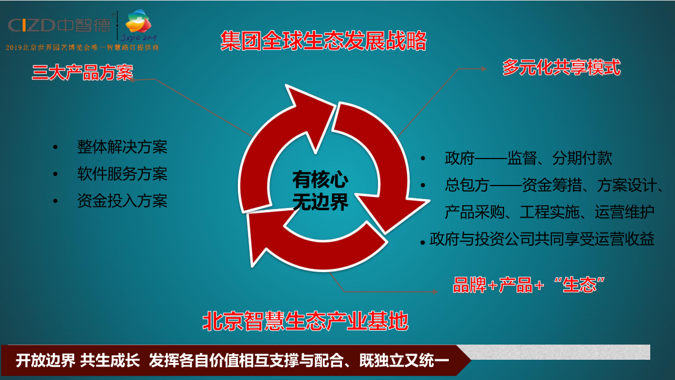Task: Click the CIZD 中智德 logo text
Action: click(x=60, y=25)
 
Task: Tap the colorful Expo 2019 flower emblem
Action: click(x=138, y=21)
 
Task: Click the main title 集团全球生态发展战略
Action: click(x=323, y=40)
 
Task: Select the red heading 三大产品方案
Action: click(x=83, y=73)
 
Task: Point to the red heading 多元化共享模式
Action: click(x=561, y=67)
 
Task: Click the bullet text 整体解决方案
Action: click(x=122, y=147)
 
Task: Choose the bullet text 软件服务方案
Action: click(x=122, y=174)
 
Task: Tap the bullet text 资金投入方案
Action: click(x=122, y=201)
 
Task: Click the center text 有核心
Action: click(x=320, y=179)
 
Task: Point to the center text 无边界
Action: click(x=320, y=201)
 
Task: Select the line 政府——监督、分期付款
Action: click(x=529, y=158)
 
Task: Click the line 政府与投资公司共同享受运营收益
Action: click(x=542, y=239)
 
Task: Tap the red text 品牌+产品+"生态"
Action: click(x=529, y=284)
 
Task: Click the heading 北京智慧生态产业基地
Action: click(x=305, y=322)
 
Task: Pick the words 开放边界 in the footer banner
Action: click(x=45, y=360)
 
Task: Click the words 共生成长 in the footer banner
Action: click(x=110, y=360)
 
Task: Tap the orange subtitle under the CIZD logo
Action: click(x=82, y=47)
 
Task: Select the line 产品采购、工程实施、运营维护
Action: click(x=550, y=212)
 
